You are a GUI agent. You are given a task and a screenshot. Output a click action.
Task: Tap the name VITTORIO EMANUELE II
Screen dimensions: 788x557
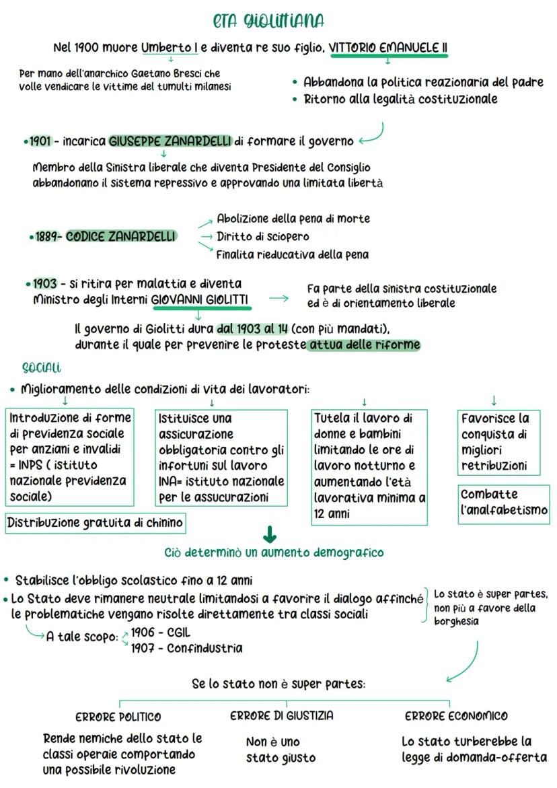[388, 48]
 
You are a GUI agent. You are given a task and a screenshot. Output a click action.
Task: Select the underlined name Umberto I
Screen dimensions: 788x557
[169, 48]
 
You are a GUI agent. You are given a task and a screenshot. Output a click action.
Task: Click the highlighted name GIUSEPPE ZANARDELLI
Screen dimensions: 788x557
[170, 142]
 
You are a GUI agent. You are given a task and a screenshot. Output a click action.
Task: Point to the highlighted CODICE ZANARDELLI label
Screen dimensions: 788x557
[121, 237]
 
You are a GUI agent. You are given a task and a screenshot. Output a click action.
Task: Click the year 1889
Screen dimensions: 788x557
[47, 237]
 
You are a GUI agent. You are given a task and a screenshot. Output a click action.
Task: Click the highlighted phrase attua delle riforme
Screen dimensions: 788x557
[363, 345]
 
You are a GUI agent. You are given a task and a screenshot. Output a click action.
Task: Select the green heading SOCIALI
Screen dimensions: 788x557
[42, 368]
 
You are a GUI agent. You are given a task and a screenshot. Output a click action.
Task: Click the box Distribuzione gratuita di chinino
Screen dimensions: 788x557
[96, 523]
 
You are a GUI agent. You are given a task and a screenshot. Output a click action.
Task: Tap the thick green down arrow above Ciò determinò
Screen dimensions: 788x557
[270, 534]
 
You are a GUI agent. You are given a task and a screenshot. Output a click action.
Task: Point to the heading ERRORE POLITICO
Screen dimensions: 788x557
[118, 717]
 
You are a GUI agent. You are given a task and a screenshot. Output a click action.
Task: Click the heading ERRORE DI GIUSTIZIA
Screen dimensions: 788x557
[282, 716]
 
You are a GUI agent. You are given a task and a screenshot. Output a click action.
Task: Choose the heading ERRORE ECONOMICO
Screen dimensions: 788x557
[456, 716]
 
